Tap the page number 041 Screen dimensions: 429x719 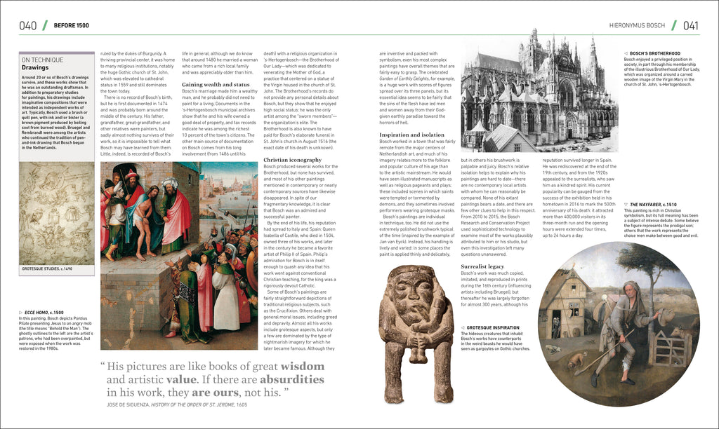point(690,26)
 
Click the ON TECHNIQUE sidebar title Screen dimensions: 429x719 point(42,60)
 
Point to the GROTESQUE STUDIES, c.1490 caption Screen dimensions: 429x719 point(47,268)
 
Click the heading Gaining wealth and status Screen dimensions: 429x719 point(212,84)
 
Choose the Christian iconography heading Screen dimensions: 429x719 point(292,160)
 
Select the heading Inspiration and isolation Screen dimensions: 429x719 point(412,135)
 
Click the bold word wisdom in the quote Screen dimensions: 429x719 point(303,367)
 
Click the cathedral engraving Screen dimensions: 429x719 point(539,91)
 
